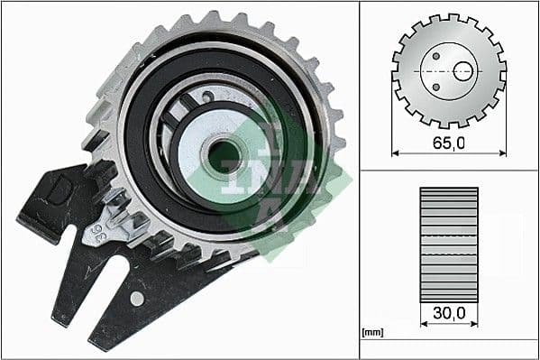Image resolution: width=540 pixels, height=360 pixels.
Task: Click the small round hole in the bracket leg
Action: pyautogui.click(x=136, y=297)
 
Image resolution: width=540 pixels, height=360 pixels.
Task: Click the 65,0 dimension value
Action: pyautogui.click(x=449, y=143)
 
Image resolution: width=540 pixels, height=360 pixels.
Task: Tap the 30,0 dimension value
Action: pyautogui.click(x=449, y=313)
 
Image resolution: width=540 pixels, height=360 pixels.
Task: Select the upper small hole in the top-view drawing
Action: pyautogui.click(x=435, y=55)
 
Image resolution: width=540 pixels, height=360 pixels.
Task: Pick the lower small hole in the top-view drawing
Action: pyautogui.click(x=435, y=87)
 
